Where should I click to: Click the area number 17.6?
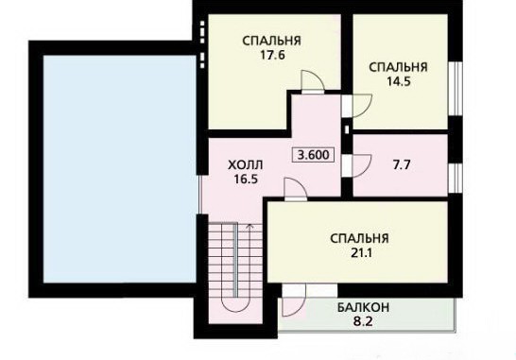[x=272, y=55]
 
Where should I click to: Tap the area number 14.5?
[x=399, y=81]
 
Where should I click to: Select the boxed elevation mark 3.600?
[x=314, y=154]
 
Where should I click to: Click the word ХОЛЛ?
[x=246, y=164]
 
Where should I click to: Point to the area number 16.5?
[x=246, y=179]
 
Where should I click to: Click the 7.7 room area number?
[x=402, y=164]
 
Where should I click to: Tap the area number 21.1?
[x=360, y=253]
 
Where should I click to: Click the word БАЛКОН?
[x=363, y=308]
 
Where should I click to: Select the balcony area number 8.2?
[x=363, y=321]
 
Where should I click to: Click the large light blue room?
[x=120, y=169]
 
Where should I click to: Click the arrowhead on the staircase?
[x=250, y=226]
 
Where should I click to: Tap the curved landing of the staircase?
[x=235, y=306]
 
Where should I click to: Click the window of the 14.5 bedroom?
[x=456, y=88]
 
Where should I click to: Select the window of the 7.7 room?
[x=456, y=178]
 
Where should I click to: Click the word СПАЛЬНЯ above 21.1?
[x=359, y=238]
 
